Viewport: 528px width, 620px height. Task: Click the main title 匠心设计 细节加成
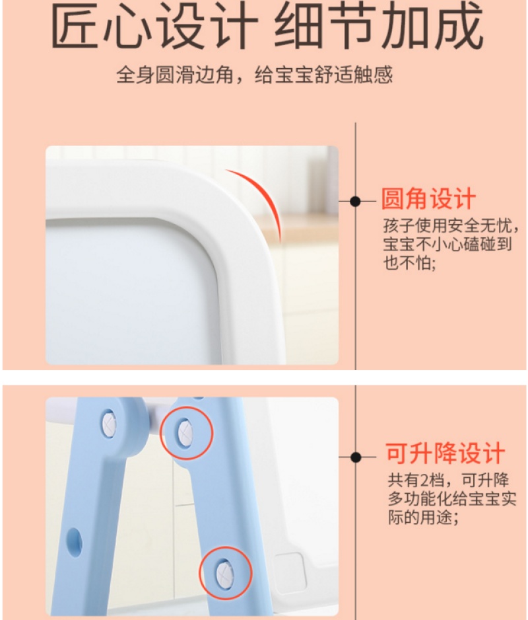(267, 26)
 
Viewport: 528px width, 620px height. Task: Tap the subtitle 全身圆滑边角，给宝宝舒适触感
(255, 75)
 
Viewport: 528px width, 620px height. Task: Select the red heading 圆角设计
(428, 198)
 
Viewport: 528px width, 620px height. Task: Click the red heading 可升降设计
(445, 453)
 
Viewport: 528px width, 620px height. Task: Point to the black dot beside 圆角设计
(355, 201)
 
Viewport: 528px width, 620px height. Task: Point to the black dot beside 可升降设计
(356, 457)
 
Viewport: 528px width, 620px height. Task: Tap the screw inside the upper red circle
(185, 433)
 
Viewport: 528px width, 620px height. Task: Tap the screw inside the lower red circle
(224, 573)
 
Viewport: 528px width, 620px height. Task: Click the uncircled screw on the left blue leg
(109, 424)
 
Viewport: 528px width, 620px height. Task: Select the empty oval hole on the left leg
(75, 542)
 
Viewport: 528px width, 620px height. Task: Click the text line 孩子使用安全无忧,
(451, 226)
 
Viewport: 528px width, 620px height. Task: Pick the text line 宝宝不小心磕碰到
(447, 244)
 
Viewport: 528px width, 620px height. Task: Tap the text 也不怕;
(409, 262)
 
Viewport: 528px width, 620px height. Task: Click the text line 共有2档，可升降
(448, 480)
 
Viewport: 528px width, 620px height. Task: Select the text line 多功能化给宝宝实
(452, 498)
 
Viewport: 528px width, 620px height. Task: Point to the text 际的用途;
(423, 517)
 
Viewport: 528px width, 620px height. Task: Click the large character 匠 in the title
(74, 26)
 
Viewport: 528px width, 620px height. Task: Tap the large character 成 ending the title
(461, 24)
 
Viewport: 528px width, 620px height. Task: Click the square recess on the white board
(290, 572)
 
